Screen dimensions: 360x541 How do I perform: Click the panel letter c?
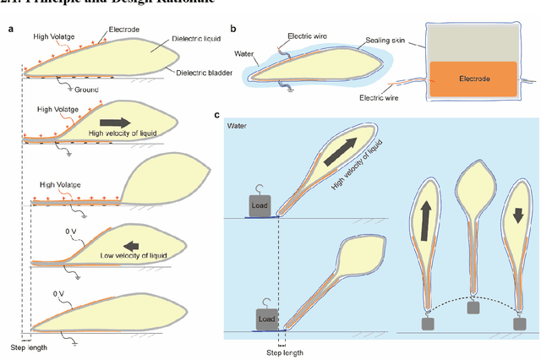217,115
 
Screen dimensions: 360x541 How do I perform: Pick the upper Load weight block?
260,205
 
